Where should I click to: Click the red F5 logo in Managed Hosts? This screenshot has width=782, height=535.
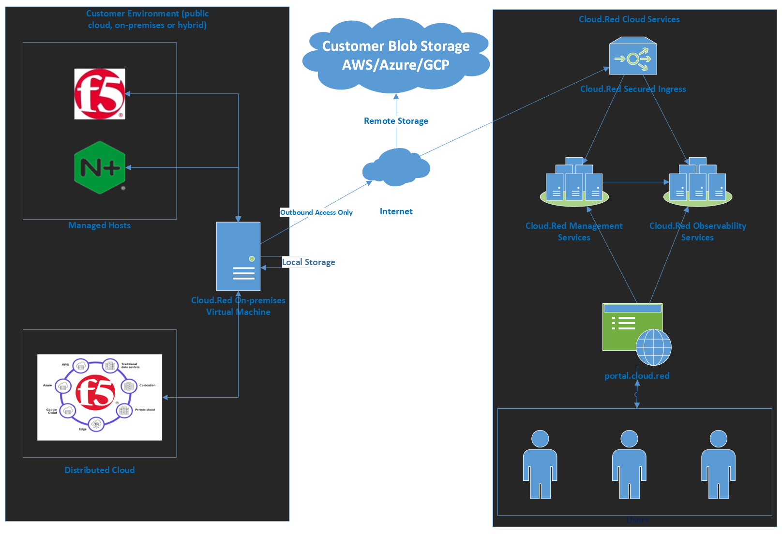pyautogui.click(x=100, y=94)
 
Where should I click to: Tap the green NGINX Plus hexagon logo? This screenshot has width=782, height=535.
pyautogui.click(x=100, y=168)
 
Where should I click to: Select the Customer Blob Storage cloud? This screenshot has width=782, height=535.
pyautogui.click(x=396, y=56)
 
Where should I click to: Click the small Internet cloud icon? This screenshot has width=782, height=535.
pyautogui.click(x=396, y=168)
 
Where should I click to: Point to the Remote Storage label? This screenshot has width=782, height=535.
pyautogui.click(x=396, y=121)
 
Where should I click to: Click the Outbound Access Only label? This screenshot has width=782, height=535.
pyautogui.click(x=316, y=212)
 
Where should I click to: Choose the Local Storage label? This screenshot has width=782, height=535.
pyautogui.click(x=309, y=262)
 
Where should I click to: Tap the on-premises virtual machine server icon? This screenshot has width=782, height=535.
pyautogui.click(x=238, y=256)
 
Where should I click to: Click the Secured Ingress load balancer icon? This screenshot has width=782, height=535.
pyautogui.click(x=633, y=56)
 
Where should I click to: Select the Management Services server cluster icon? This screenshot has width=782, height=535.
pyautogui.click(x=574, y=183)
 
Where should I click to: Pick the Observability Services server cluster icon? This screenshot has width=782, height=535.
pyautogui.click(x=697, y=183)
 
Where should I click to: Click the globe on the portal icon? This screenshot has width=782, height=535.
pyautogui.click(x=653, y=347)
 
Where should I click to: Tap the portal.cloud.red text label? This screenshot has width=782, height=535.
pyautogui.click(x=637, y=376)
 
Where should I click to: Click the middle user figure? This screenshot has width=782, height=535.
pyautogui.click(x=629, y=464)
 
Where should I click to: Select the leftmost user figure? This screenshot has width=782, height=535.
pyautogui.click(x=540, y=464)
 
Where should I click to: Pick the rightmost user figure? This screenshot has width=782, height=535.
pyautogui.click(x=718, y=464)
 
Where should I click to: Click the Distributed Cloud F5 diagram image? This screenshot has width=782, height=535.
pyautogui.click(x=100, y=397)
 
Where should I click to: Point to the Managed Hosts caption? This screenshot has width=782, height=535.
pyautogui.click(x=99, y=225)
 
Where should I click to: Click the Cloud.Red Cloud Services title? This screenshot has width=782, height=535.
pyautogui.click(x=629, y=19)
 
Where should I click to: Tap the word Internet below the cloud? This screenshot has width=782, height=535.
pyautogui.click(x=396, y=211)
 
